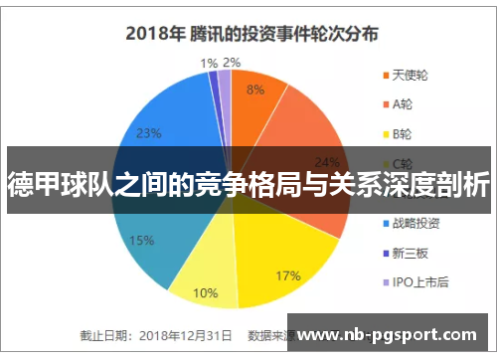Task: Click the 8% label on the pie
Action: coord(255,89)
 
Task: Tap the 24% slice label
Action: coord(327,162)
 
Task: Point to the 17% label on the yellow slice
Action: coord(288,248)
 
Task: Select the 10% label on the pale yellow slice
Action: coord(205,292)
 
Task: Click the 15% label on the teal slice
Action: coord(141,240)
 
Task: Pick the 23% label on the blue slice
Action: coord(149,133)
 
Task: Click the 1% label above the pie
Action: coord(209,63)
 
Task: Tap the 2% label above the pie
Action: coord(232,63)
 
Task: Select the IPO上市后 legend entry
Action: coord(421,281)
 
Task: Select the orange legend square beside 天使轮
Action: coord(385,76)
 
